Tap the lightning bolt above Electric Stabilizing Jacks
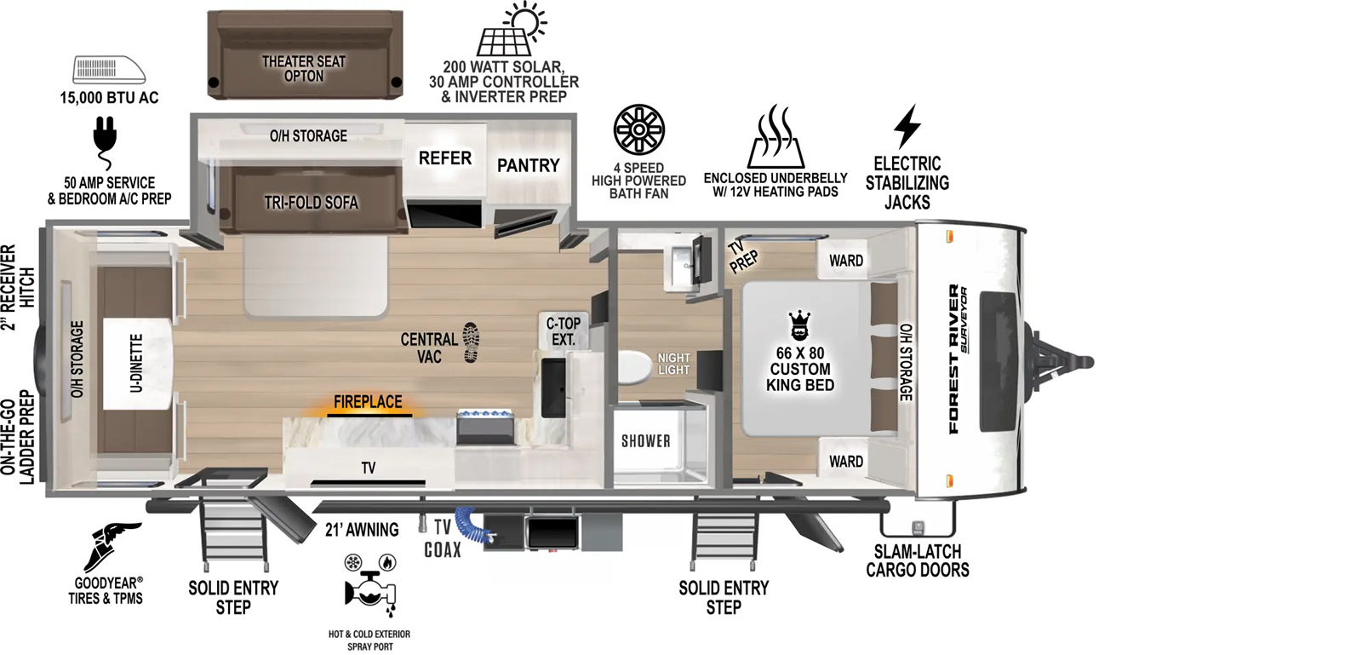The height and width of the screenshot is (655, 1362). tap(907, 127)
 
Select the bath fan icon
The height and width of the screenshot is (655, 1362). tap(639, 129)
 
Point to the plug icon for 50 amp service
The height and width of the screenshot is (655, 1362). tap(105, 142)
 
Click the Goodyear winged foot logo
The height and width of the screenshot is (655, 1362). tap(112, 547)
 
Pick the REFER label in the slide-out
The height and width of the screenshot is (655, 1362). tap(445, 158)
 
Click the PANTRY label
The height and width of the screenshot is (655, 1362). tap(529, 165)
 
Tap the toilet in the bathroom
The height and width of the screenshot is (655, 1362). tap(635, 367)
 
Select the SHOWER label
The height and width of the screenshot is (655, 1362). tap(646, 441)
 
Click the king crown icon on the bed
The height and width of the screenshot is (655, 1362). tap(799, 325)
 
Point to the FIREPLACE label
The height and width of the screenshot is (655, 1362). tap(368, 402)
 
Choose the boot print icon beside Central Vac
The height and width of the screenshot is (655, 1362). tap(471, 343)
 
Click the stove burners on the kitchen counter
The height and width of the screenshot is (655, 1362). tap(486, 416)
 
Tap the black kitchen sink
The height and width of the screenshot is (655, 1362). tap(553, 388)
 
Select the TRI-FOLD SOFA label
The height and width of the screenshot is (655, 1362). tap(312, 203)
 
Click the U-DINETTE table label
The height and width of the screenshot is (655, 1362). tap(137, 363)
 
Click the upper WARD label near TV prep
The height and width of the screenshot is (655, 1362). tap(846, 261)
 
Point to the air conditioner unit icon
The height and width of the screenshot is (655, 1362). tap(109, 69)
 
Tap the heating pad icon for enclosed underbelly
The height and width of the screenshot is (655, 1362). tap(775, 136)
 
